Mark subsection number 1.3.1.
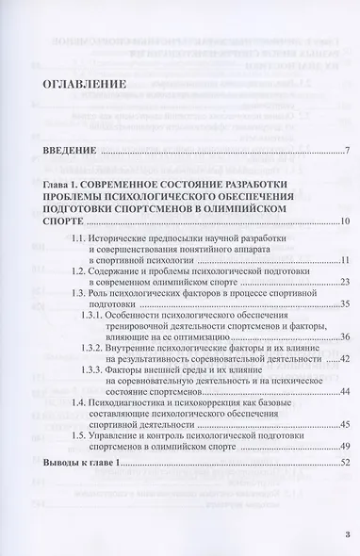click(117, 323)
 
